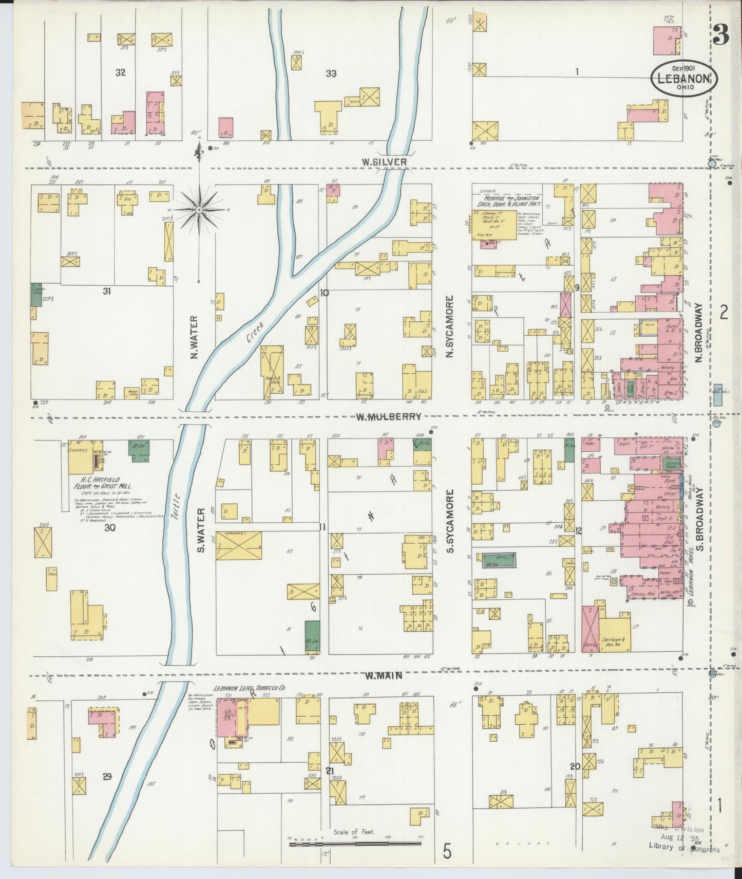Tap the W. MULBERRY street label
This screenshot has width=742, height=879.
pos(388,417)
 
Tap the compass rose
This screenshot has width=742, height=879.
pos(199,210)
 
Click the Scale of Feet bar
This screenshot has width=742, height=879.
pos(354,843)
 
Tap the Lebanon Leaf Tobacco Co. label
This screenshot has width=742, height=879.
pos(250,688)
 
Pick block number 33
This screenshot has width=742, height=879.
pos(331,74)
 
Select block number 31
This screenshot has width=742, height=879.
pos(107,291)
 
